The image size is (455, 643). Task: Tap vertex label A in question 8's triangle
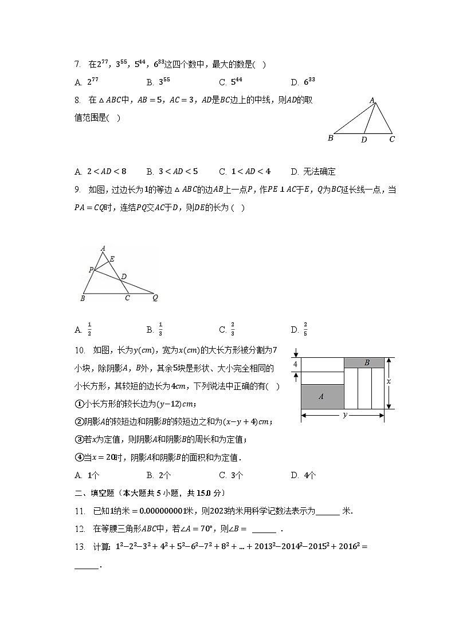[x=372, y=101]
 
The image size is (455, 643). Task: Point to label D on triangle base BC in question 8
[x=364, y=139]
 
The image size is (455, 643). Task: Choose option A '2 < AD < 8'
[x=100, y=172]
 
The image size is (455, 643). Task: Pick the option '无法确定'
[x=313, y=172]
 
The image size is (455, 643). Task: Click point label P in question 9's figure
[x=91, y=269]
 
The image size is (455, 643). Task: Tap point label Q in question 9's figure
[x=155, y=298]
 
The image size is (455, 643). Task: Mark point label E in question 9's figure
[x=112, y=259]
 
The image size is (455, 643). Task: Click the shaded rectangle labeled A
[x=322, y=396]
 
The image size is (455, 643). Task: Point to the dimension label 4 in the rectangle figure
[x=296, y=364]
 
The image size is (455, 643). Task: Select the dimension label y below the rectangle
[x=344, y=415]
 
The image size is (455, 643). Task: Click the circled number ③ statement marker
[x=80, y=440]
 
